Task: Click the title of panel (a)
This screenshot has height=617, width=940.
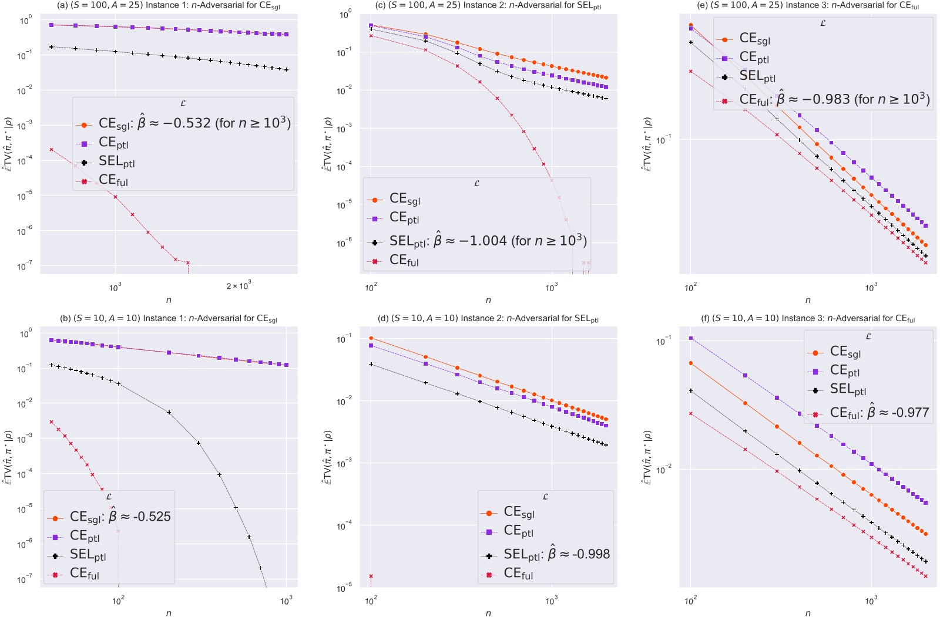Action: pyautogui.click(x=169, y=6)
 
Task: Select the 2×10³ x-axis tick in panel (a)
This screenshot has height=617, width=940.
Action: pyautogui.click(x=238, y=286)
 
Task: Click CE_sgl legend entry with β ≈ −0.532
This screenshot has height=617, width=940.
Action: pyautogui.click(x=194, y=124)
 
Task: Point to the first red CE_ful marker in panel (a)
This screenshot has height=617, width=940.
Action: pyautogui.click(x=52, y=150)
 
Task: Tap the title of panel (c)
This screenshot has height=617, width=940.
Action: pyautogui.click(x=488, y=6)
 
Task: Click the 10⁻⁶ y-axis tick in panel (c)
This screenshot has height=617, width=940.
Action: pyautogui.click(x=345, y=242)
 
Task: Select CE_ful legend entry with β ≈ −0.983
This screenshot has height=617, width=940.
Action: pyautogui.click(x=834, y=100)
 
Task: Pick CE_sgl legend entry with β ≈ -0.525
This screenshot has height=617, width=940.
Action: pyautogui.click(x=120, y=517)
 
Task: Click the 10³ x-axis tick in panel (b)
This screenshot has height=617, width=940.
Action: pyautogui.click(x=286, y=601)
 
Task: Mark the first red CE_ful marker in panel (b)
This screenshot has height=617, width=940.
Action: pyautogui.click(x=52, y=422)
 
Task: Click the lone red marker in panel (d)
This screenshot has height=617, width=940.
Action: pyautogui.click(x=371, y=576)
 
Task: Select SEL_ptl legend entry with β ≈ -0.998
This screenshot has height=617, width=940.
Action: pyautogui.click(x=556, y=554)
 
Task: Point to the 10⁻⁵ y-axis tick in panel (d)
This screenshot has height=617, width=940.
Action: pyautogui.click(x=345, y=588)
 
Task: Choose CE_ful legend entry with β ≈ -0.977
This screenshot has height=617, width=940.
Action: pyautogui.click(x=879, y=413)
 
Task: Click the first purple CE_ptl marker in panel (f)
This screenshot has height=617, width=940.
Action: pyautogui.click(x=691, y=338)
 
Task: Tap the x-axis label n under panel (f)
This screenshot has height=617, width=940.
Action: pyautogui.click(x=808, y=613)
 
